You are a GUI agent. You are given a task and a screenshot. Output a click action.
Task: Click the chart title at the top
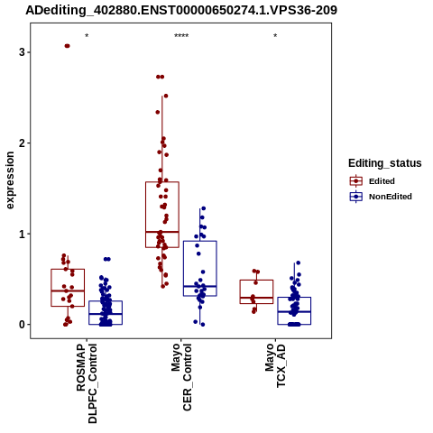(x=181, y=10)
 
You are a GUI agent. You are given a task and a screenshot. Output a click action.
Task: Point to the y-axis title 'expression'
(x=10, y=180)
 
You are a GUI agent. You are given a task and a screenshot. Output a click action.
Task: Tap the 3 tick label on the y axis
(x=22, y=52)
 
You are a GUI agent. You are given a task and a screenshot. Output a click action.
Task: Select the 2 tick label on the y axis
(x=22, y=143)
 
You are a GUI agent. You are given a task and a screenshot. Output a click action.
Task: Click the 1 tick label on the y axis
(x=22, y=234)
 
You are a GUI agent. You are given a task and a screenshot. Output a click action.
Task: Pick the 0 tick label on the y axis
(x=22, y=325)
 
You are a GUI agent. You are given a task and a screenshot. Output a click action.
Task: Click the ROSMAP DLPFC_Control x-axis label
(x=87, y=383)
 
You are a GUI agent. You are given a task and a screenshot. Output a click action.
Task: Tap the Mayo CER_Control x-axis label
(x=181, y=377)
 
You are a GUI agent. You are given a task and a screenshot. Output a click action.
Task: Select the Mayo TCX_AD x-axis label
(x=275, y=365)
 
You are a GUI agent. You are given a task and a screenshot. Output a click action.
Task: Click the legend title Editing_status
(x=385, y=163)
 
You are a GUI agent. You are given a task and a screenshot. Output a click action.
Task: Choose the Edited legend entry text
(x=382, y=181)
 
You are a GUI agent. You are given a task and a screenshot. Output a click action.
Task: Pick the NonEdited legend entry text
(x=391, y=197)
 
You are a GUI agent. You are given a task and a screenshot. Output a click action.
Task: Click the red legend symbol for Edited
(x=356, y=181)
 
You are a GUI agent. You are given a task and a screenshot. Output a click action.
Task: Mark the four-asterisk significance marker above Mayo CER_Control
(x=181, y=36)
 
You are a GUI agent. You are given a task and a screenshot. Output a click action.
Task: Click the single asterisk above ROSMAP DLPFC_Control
(x=87, y=36)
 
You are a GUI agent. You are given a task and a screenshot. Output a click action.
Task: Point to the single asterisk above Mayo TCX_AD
(x=275, y=36)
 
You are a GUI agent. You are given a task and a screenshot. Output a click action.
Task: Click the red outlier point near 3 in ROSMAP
(x=67, y=46)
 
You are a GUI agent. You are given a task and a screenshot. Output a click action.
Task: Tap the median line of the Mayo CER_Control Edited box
(x=162, y=232)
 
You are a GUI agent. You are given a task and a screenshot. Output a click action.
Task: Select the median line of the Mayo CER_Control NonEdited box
(x=200, y=286)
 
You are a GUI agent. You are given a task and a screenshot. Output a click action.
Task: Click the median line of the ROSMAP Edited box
(x=68, y=290)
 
